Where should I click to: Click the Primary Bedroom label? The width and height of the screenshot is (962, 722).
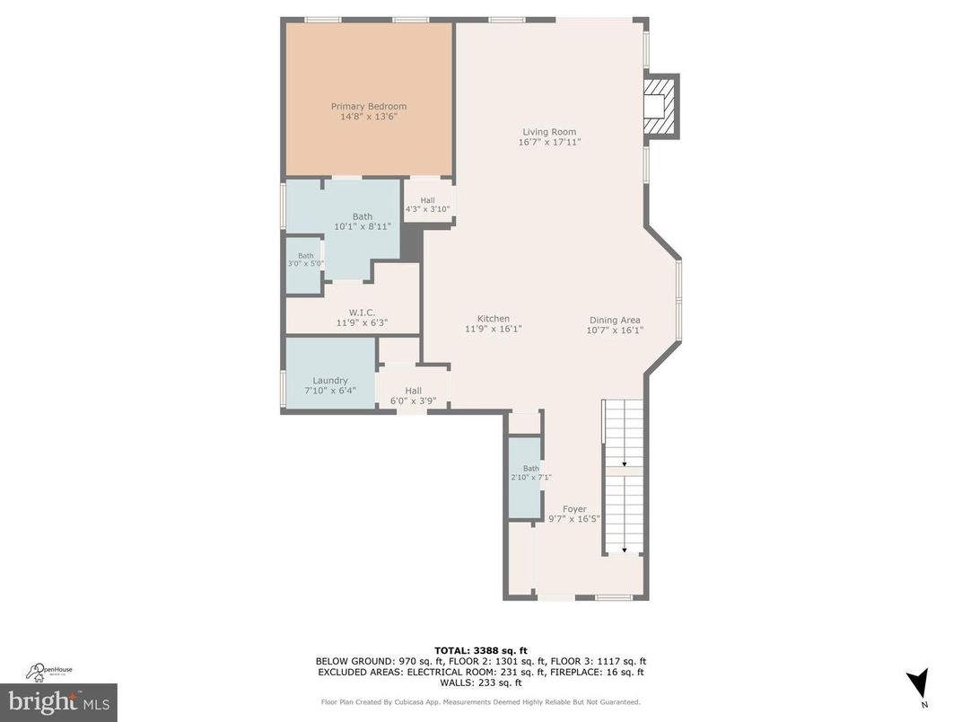pos(369,107)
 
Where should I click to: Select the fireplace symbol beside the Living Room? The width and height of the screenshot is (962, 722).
pos(661,107)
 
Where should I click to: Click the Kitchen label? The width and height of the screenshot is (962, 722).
pos(493,319)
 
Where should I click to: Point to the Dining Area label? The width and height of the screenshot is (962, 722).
pos(615,320)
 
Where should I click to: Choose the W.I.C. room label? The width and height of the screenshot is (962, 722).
pos(362,313)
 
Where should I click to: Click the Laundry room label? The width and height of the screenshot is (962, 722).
pos(329,381)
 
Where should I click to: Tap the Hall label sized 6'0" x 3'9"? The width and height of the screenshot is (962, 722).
pos(413,391)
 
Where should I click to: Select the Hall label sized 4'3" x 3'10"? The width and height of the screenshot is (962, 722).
pos(427,200)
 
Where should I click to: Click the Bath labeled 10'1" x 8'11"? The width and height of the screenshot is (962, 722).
pos(362,216)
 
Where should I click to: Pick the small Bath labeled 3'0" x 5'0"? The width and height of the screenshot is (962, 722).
pos(306,256)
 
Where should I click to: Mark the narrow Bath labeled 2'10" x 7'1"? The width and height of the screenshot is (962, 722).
pos(531,468)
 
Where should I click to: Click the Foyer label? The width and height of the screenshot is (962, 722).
pos(574,509)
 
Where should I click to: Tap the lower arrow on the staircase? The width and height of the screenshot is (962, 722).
pos(624,549)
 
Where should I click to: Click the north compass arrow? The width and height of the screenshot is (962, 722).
pos(916,683)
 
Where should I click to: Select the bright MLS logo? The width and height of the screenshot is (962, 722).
pos(58,700)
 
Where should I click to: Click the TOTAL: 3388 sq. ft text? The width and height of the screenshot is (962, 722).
pos(480,650)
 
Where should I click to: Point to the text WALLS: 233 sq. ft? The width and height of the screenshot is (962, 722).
pos(480,682)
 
